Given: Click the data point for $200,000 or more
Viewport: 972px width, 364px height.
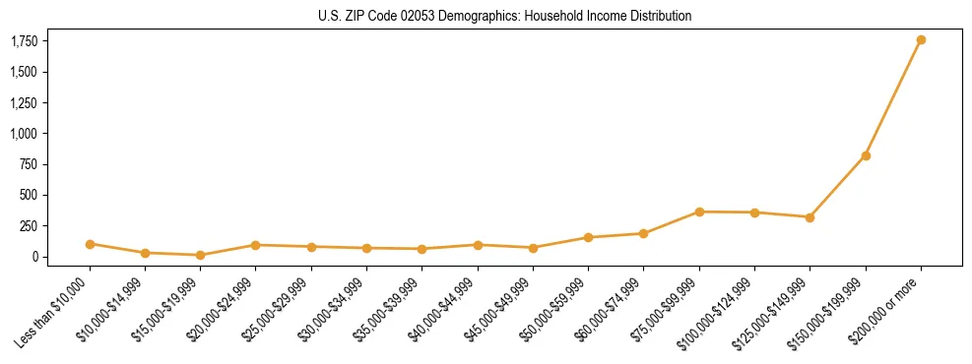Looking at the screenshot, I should click(x=921, y=40).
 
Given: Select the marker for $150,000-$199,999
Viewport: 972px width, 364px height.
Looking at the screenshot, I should click(x=866, y=155).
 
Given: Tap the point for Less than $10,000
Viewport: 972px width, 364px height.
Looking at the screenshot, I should click(x=90, y=244).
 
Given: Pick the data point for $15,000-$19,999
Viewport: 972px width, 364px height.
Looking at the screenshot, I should click(x=200, y=255).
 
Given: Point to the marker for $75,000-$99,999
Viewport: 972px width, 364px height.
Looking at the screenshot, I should click(x=699, y=212).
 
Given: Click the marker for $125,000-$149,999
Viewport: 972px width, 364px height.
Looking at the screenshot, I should click(x=810, y=217).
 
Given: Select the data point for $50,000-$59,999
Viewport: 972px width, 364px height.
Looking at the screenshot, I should click(x=588, y=237).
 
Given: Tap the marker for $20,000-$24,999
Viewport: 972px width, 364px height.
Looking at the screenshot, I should click(x=255, y=245).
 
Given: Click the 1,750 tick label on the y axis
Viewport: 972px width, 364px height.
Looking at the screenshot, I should click(x=25, y=40).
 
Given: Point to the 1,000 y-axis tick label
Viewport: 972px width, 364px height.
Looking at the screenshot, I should click(x=25, y=133).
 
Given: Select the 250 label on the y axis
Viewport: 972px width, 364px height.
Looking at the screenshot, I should click(x=30, y=225).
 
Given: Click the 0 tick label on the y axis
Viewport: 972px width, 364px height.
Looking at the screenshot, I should click(x=35, y=257).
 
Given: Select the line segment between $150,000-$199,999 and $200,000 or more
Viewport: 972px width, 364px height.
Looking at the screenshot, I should click(x=893, y=98).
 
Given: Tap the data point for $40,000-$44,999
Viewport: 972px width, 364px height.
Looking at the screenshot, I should click(x=478, y=245).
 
